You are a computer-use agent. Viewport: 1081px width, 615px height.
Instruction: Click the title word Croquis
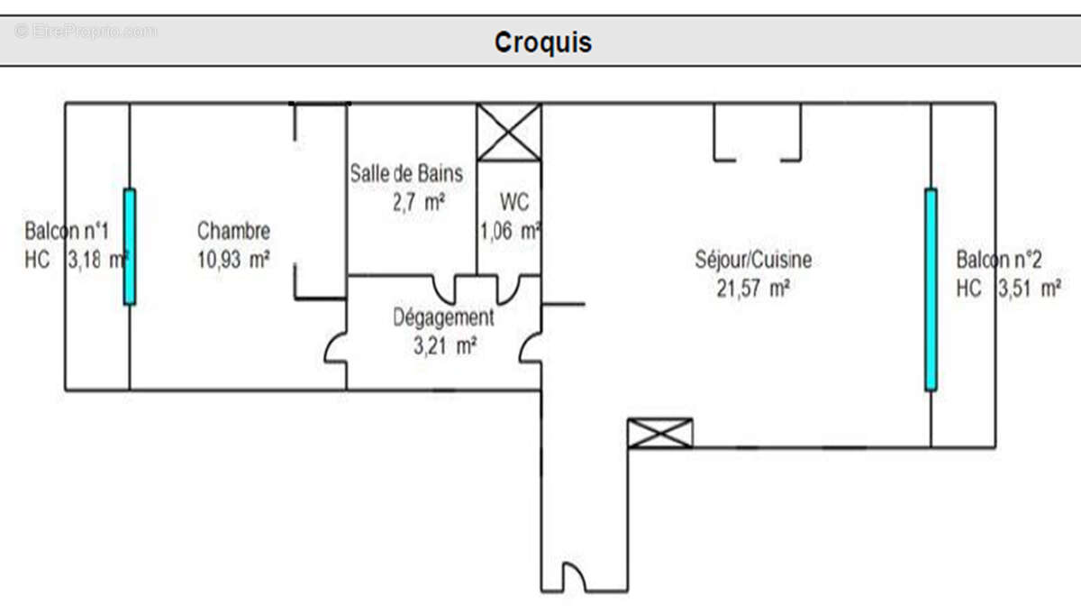(542, 42)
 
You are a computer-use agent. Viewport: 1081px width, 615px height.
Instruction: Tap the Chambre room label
(233, 232)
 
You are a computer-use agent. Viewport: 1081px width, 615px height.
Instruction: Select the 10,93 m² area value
(233, 261)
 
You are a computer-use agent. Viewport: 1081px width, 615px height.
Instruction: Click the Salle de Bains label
(406, 173)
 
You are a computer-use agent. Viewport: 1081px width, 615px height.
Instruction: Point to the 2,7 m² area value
(419, 202)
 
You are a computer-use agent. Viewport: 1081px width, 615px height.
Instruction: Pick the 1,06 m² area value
(510, 232)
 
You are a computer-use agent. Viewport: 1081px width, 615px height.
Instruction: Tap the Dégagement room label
(443, 317)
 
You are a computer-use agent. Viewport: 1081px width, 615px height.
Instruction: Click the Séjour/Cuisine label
(753, 261)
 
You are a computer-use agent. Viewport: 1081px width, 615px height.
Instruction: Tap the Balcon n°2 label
(999, 261)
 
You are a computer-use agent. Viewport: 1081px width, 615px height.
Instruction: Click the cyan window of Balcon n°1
(130, 246)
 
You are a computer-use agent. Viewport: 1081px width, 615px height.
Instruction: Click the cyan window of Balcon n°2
(931, 289)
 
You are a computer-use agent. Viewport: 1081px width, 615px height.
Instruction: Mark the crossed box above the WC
(509, 133)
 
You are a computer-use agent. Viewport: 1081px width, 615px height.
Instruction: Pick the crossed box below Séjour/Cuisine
(660, 434)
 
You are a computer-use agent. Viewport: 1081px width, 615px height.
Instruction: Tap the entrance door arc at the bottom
(573, 577)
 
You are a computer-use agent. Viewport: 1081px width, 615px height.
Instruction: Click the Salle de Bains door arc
(445, 289)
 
